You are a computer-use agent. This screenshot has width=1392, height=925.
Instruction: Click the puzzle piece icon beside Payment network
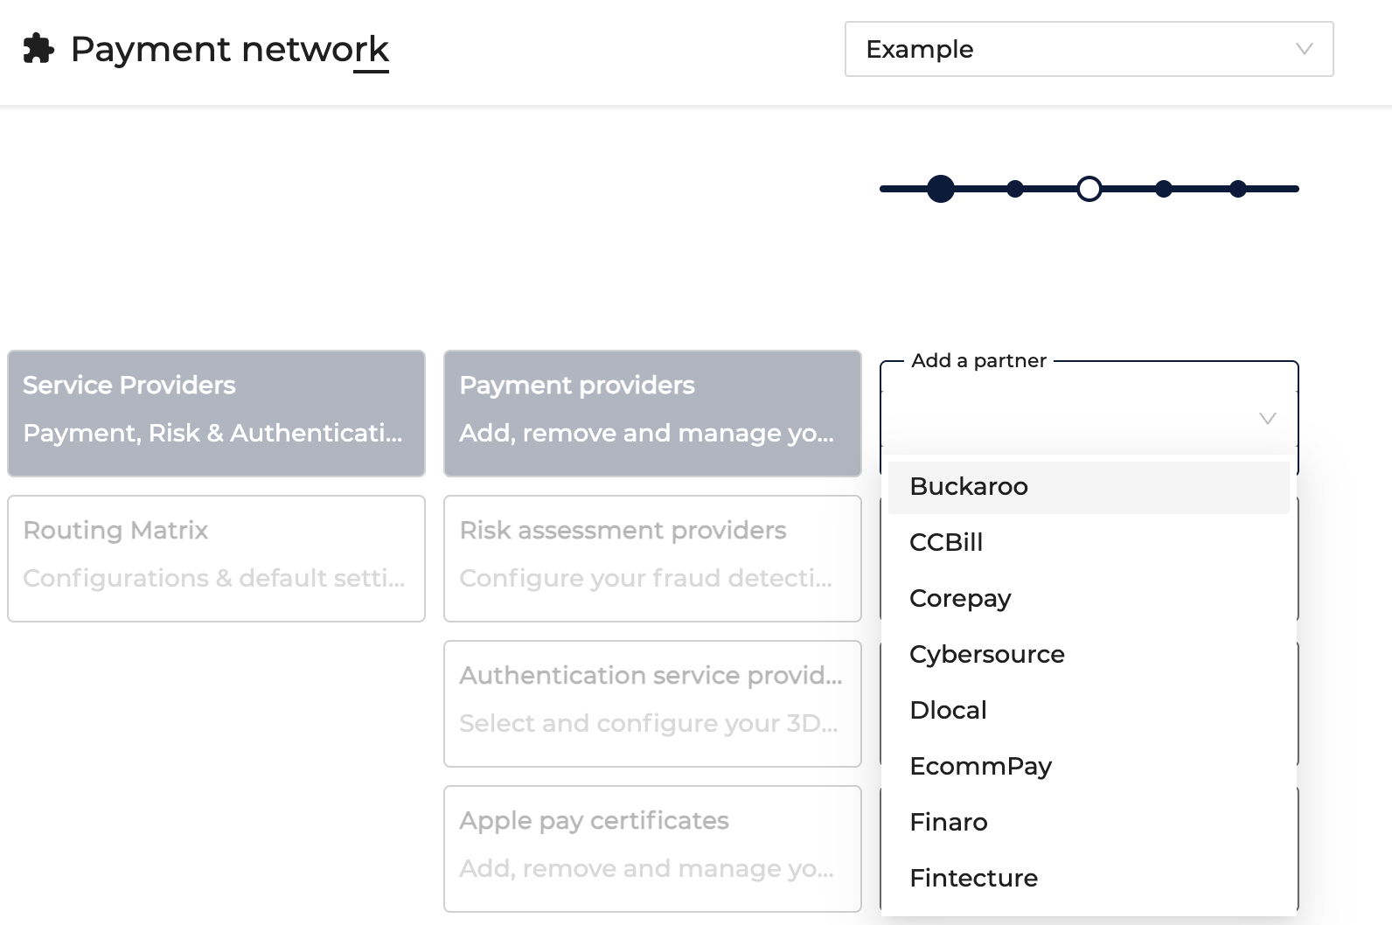click(38, 48)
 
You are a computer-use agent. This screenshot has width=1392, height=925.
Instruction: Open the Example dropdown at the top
click(1089, 49)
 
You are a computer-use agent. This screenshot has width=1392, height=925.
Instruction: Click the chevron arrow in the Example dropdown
click(1304, 49)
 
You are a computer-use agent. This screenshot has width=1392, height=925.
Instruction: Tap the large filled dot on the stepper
click(941, 189)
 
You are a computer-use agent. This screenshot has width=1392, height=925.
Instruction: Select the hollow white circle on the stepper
click(1089, 189)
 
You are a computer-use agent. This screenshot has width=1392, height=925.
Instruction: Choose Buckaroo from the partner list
click(969, 486)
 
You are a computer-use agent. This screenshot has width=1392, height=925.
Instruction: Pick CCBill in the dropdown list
click(946, 542)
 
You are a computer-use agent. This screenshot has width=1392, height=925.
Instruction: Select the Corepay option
click(960, 599)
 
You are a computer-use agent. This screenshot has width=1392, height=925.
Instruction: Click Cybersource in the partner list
click(987, 655)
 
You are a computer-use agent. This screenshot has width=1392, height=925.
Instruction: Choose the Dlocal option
click(949, 710)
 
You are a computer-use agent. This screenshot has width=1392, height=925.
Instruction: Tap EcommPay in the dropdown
click(981, 767)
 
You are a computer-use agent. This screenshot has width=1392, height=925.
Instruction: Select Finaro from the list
click(949, 822)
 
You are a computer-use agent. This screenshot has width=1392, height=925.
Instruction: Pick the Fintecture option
click(974, 878)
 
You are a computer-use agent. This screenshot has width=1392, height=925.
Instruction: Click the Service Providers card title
click(129, 386)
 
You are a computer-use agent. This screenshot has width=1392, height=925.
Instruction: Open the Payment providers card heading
click(577, 386)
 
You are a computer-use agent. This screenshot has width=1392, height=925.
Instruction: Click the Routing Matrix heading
click(115, 531)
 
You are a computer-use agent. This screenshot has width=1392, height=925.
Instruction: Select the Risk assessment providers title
click(623, 531)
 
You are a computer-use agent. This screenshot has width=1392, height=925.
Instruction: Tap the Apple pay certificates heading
click(594, 821)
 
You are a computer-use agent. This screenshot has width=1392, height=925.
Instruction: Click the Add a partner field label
click(978, 361)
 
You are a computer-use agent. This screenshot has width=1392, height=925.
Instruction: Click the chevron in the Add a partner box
click(1268, 418)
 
